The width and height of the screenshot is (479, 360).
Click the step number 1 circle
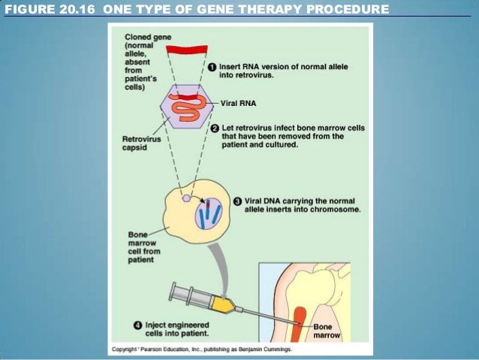[x=212, y=67]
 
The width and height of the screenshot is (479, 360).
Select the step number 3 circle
[x=237, y=201]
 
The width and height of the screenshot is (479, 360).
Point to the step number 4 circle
[x=137, y=325]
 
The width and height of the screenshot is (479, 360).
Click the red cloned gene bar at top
[x=187, y=50]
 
